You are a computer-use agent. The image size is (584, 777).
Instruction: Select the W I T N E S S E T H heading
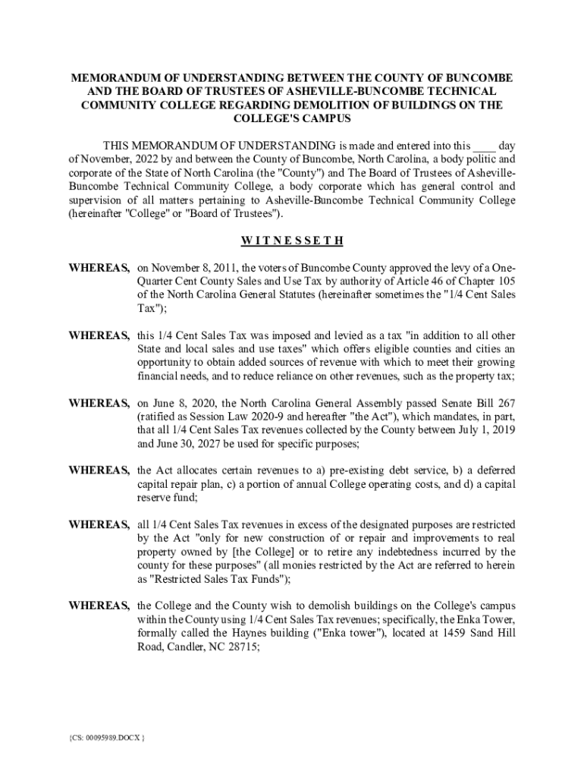[x=292, y=241]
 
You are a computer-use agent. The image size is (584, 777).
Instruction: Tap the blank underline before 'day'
[x=484, y=146]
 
